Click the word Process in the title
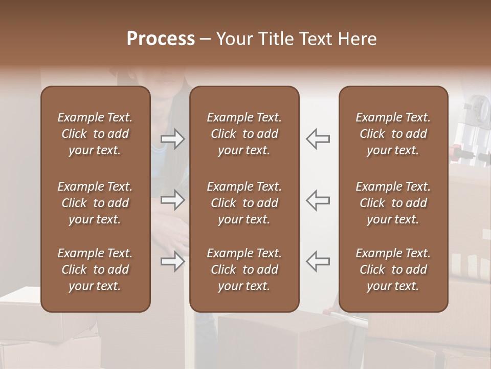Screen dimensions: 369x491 click(161, 39)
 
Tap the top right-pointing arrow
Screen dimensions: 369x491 click(173, 139)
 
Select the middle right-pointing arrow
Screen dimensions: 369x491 click(173, 200)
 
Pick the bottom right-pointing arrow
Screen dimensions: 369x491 click(173, 261)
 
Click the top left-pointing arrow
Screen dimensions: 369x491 click(318, 139)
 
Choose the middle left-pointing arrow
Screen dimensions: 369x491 click(318, 200)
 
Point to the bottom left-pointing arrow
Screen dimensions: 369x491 click(318, 261)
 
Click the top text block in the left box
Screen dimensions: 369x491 click(95, 134)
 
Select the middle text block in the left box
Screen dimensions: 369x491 click(95, 203)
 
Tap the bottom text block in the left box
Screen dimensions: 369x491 click(95, 270)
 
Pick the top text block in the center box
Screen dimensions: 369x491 click(244, 134)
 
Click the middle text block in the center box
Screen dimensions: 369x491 click(244, 203)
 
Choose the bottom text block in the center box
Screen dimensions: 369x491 click(244, 270)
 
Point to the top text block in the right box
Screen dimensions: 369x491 click(393, 134)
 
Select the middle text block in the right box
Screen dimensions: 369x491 click(393, 203)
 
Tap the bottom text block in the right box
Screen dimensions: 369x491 click(393, 270)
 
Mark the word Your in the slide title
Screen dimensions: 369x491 click(234, 39)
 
